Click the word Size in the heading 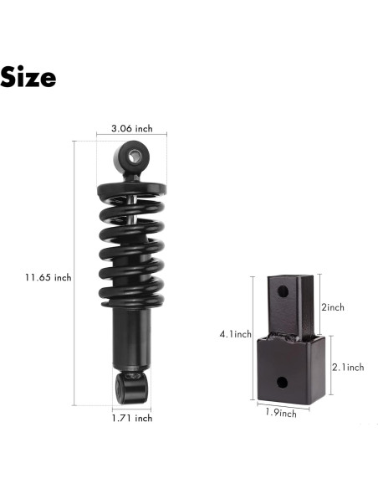pos(28,78)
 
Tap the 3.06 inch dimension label pos(131,129)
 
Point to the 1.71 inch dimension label pos(132,417)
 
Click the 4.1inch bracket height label pos(234,334)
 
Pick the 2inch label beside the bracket pos(334,307)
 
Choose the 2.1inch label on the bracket pos(347,367)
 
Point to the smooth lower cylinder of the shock pos(131,335)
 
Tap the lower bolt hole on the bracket pos(282,382)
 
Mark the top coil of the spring pos(131,187)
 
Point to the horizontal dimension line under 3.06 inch pos(131,137)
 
